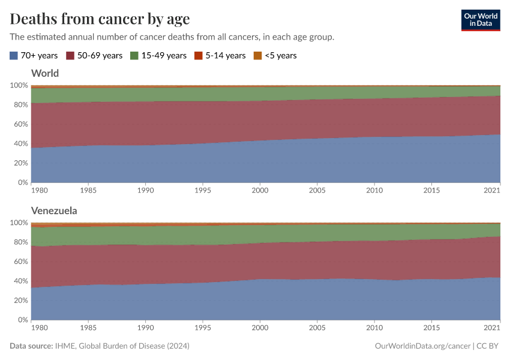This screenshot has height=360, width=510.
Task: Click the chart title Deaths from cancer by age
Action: pyautogui.click(x=100, y=19)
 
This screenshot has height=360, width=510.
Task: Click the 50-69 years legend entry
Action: pyautogui.click(x=94, y=55)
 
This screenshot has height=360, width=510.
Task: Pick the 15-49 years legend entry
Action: pyautogui.click(x=158, y=55)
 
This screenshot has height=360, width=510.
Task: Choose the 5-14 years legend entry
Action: pyautogui.click(x=220, y=55)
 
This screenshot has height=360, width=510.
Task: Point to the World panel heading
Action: pyautogui.click(x=45, y=73)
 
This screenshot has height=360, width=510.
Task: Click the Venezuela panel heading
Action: pyautogui.click(x=54, y=211)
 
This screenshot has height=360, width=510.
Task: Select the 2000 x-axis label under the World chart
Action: pyautogui.click(x=260, y=190)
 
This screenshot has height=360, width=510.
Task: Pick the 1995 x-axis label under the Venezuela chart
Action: pyautogui.click(x=203, y=328)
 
